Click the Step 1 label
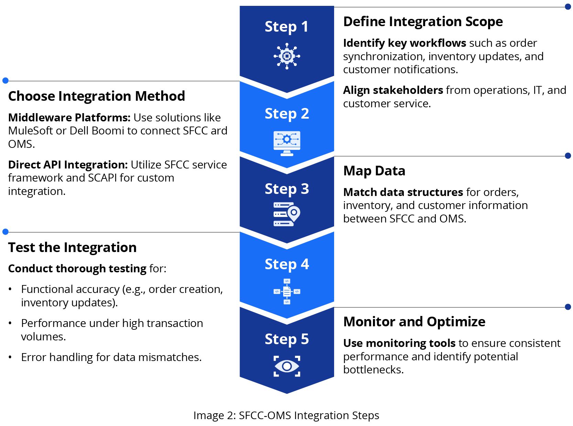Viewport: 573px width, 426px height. (x=286, y=27)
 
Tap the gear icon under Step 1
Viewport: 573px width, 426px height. (x=287, y=56)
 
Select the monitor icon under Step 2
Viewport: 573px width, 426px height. (x=287, y=143)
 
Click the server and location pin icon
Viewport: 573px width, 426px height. (x=287, y=214)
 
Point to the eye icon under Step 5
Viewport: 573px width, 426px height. (x=287, y=366)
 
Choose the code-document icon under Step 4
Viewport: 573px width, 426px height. (x=287, y=292)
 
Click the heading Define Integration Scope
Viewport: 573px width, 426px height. (x=423, y=22)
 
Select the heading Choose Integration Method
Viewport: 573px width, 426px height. (x=97, y=96)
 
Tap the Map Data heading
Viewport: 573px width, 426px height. (x=374, y=171)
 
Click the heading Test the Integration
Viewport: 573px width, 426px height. (x=72, y=248)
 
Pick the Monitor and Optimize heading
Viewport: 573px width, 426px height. (x=414, y=322)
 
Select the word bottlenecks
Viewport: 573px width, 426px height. (x=373, y=370)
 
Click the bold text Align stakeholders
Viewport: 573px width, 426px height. (x=393, y=90)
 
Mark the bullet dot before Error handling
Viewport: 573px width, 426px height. (x=10, y=358)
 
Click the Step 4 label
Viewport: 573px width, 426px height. (x=287, y=264)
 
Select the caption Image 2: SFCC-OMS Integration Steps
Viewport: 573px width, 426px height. (x=286, y=415)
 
